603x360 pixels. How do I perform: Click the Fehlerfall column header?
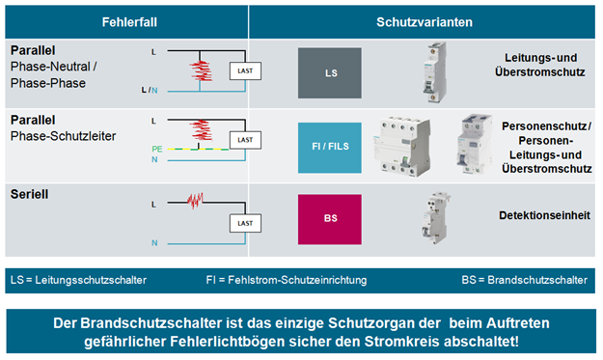[126, 21]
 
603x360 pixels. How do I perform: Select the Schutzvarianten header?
[424, 21]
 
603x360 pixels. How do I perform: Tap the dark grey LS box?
[330, 72]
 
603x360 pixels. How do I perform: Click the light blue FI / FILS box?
[330, 145]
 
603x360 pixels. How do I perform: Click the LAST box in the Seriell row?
[244, 224]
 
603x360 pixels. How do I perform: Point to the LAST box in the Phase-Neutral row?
[244, 70]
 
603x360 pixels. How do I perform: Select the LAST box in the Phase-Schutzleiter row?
[244, 140]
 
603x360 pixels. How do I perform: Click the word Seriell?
[30, 193]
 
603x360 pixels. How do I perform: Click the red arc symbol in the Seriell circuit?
[196, 201]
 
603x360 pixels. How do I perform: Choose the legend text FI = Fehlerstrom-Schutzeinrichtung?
[287, 280]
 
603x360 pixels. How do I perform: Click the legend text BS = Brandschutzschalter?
[523, 280]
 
